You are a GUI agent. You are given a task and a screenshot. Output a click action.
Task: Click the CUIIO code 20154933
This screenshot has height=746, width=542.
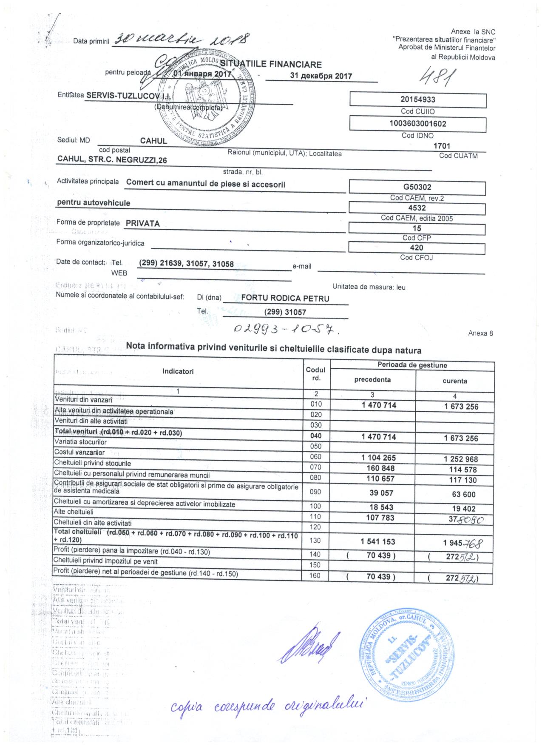(x=418, y=100)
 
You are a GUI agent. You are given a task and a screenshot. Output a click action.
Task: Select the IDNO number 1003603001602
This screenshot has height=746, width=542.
(x=418, y=124)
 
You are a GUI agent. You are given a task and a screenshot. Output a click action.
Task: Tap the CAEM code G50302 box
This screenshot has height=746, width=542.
(x=417, y=187)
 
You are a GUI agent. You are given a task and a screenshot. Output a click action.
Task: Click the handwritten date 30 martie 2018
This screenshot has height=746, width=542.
(x=182, y=39)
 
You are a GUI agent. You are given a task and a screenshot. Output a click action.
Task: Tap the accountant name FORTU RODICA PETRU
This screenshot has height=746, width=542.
(x=285, y=298)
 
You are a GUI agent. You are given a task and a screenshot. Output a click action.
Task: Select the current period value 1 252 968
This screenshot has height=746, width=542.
(x=461, y=459)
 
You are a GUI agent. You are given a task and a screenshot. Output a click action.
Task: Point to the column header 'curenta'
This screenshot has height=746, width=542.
(x=454, y=381)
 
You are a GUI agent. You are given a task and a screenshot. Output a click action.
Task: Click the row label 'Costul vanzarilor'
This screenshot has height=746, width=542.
(x=79, y=453)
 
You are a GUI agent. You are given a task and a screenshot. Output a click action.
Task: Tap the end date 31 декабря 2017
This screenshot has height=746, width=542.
(x=321, y=76)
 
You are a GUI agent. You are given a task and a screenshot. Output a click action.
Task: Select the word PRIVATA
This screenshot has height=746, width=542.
(x=143, y=223)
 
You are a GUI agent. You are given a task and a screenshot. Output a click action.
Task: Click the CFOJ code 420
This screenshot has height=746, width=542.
(x=417, y=248)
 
